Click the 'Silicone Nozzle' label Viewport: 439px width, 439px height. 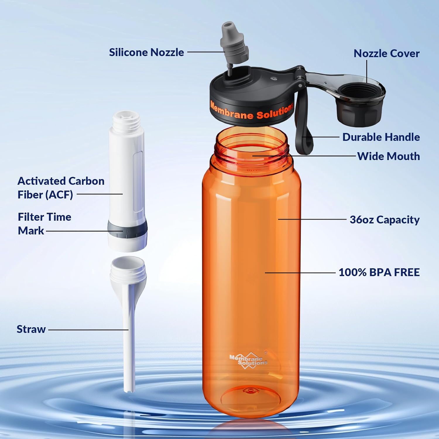point(146,52)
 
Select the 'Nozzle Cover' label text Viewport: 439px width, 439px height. point(386,53)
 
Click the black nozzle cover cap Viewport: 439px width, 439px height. point(361,102)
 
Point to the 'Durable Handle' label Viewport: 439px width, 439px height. point(381,137)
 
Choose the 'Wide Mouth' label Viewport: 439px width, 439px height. point(388,156)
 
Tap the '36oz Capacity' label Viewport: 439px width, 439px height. point(385,220)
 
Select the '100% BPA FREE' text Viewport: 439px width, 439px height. point(379,272)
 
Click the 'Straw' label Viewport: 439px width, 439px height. point(31,329)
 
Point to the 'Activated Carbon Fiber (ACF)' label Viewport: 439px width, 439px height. point(61,188)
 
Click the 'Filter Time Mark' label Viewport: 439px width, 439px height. point(44,224)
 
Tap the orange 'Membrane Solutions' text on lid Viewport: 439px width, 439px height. point(252,111)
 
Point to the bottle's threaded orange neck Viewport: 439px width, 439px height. point(251,146)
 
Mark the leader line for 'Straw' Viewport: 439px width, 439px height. point(88,330)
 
